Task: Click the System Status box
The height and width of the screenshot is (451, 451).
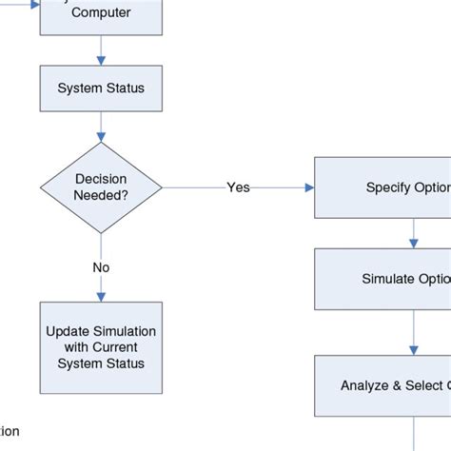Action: pos(101,88)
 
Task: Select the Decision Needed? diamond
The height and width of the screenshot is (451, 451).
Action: pos(101,187)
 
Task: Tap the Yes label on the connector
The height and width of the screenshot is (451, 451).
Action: pos(238,187)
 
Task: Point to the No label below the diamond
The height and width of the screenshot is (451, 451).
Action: pos(101,267)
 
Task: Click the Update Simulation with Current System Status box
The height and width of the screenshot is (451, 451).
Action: pos(101,348)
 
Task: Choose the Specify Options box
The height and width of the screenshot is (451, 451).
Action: pos(383,187)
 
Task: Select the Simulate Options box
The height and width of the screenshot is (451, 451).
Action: pos(383,279)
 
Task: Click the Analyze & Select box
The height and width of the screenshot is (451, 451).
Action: pos(383,385)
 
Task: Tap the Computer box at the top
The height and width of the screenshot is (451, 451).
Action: pos(101,15)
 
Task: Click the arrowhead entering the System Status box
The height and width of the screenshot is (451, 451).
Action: pos(101,62)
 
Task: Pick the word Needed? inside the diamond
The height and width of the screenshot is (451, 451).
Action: pos(101,196)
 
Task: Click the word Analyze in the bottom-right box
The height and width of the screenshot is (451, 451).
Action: pos(364,385)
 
